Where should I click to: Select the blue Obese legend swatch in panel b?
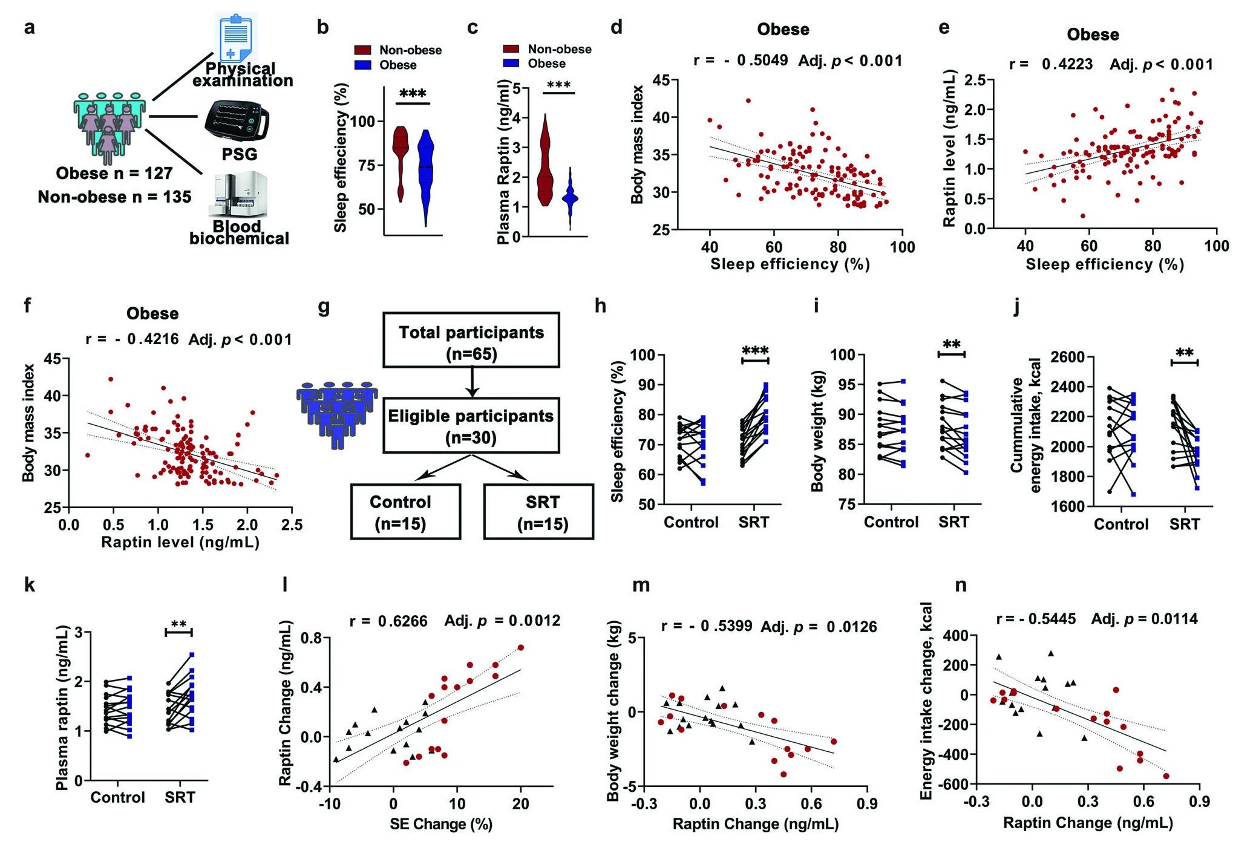tap(363, 65)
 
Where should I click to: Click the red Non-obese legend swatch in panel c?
tap(511, 49)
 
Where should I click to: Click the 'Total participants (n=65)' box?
tap(471, 340)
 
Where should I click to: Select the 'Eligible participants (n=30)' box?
tap(471, 425)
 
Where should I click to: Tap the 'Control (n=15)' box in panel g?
tap(405, 512)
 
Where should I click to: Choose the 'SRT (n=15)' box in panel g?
tap(538, 512)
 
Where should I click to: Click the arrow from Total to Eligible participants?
tap(471, 382)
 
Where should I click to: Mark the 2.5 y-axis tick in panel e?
tap(975, 80)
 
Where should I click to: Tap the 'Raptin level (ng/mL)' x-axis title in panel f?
tap(180, 542)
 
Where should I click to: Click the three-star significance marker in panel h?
tap(755, 351)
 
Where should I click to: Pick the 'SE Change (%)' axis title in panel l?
tap(441, 824)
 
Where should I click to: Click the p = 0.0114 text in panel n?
tap(1161, 619)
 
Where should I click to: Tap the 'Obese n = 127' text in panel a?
tap(114, 174)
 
